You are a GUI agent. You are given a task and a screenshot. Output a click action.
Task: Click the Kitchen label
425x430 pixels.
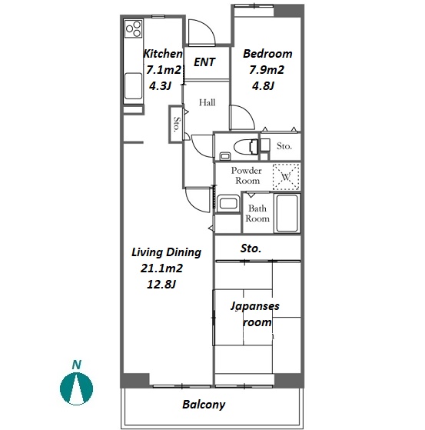[x=163, y=54]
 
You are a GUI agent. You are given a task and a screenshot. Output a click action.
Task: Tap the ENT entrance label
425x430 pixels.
[x=204, y=62]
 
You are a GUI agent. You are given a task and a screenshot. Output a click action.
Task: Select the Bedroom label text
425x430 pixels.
[x=267, y=54]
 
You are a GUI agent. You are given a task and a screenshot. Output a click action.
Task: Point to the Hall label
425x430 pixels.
[x=207, y=102]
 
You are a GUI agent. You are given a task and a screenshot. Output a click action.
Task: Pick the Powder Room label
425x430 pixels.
[x=247, y=175]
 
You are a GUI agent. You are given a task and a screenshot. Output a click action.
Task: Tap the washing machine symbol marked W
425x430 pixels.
[x=286, y=177]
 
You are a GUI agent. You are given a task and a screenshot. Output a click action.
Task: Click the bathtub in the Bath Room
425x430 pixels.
[x=287, y=213]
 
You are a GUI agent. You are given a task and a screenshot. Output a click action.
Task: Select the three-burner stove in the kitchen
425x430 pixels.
[x=134, y=28]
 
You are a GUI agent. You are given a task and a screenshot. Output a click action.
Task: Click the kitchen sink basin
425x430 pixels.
[x=134, y=86]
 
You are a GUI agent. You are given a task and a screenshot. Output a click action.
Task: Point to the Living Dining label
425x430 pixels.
[x=166, y=252]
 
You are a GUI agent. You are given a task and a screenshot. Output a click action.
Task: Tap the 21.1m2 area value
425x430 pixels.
[x=161, y=268]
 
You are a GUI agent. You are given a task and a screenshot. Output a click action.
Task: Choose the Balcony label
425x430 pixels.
[x=204, y=405]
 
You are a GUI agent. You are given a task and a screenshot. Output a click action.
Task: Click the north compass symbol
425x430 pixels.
[x=76, y=388]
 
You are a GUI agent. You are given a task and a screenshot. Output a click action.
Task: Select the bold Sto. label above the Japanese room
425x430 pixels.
[x=251, y=248]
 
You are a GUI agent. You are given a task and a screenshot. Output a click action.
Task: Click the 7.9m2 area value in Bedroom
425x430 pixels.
[x=267, y=70]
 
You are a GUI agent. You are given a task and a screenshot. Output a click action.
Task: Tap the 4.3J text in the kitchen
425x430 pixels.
[x=160, y=86]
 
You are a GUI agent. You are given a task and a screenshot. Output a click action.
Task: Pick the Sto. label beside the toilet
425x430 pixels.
[x=284, y=146]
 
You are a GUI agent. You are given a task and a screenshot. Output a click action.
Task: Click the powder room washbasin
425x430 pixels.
[x=228, y=203]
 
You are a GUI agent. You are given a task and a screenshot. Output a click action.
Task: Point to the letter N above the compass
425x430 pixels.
[x=77, y=365]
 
